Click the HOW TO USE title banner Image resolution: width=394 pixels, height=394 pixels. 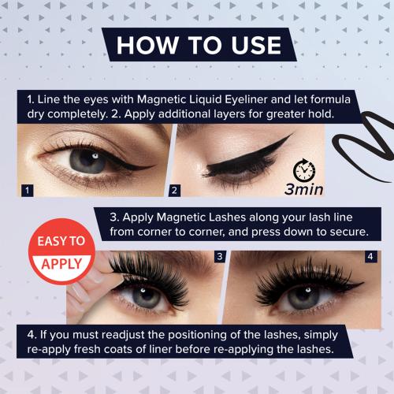pyautogui.click(x=197, y=44)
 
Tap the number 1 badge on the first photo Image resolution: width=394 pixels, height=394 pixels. pyautogui.click(x=28, y=190)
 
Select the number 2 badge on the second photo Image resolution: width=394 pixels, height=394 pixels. pyautogui.click(x=175, y=190)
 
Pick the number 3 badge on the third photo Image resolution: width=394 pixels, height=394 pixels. pyautogui.click(x=220, y=257)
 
